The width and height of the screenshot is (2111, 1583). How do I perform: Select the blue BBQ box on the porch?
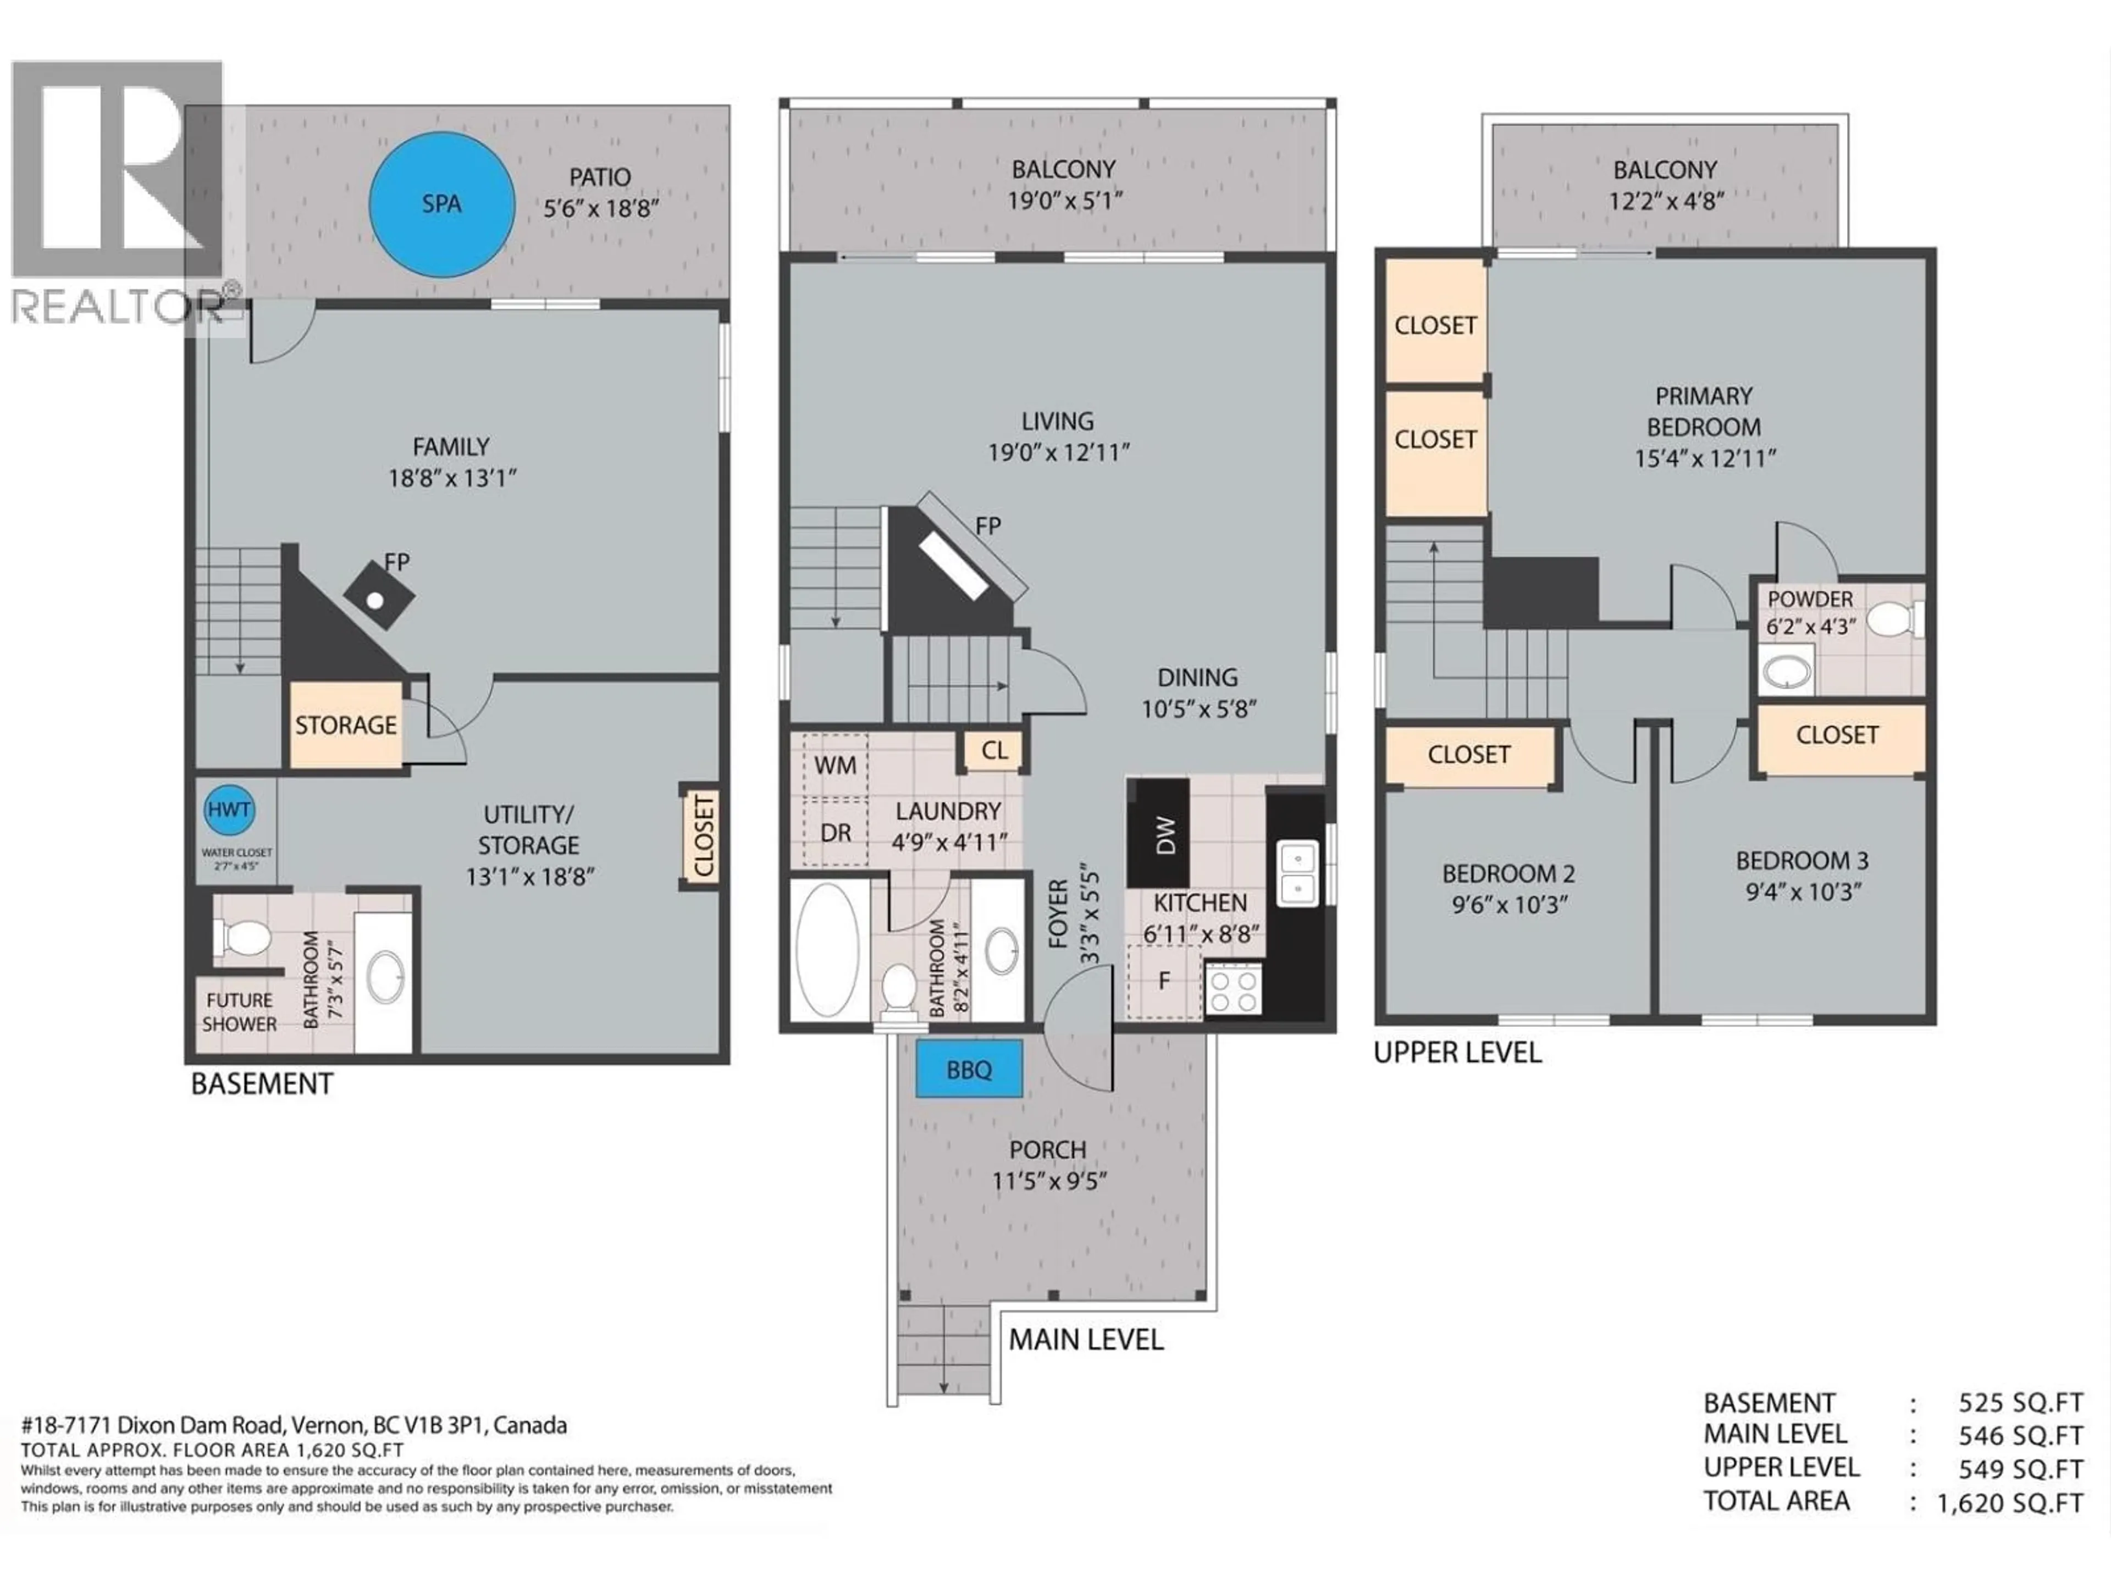[969, 1070]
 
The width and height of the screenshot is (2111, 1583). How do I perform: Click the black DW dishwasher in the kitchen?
[1158, 834]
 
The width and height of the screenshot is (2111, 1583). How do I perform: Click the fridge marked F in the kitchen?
[1163, 981]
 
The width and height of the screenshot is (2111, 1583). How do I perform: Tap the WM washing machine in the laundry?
[835, 765]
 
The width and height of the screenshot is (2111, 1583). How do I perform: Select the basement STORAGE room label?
[345, 725]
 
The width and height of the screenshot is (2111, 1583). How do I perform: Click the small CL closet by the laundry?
[993, 751]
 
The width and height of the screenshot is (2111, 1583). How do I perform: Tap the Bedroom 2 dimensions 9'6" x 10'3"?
[1509, 905]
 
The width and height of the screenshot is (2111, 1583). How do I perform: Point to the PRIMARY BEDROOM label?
[1704, 411]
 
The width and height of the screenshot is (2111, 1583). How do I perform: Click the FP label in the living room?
[988, 526]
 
